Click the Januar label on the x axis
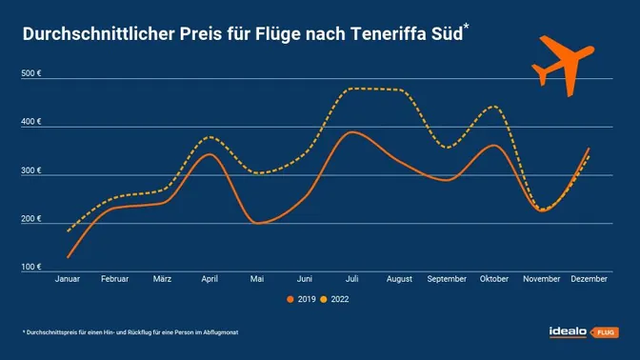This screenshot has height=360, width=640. pos(69,279)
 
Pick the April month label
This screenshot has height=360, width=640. pos(210,279)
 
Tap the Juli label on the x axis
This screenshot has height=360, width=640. pos(352,279)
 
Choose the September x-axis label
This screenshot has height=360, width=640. pos(447,279)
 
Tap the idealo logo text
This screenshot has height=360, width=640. pos(569,331)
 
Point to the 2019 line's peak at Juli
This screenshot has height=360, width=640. pos(352,132)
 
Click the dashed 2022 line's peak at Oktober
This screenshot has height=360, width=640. pos(492,107)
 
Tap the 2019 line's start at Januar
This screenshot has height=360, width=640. pos(69,257)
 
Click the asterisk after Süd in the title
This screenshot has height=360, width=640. pos(466,27)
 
